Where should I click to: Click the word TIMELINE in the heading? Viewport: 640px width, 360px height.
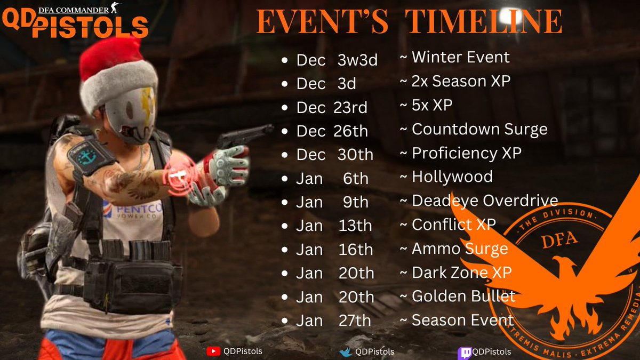(484, 22)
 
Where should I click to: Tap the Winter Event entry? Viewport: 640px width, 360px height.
(460, 57)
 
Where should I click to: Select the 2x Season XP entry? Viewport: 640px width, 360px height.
(460, 81)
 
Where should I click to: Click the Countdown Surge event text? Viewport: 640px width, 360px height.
(479, 129)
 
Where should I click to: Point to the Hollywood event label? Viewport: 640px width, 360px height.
(452, 177)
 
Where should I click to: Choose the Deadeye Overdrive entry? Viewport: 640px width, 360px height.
(484, 201)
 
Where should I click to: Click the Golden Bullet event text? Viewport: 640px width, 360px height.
(463, 296)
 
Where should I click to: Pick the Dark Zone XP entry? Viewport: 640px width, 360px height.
(461, 273)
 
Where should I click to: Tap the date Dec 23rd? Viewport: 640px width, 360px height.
(332, 107)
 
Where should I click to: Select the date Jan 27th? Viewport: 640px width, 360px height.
(333, 321)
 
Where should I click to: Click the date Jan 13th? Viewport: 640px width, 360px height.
(334, 226)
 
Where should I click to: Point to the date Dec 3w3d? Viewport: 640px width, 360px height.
(337, 60)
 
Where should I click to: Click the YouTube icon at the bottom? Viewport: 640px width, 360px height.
(213, 351)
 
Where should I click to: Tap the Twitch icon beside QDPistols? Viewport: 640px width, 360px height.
(464, 352)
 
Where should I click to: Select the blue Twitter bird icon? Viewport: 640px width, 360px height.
(347, 352)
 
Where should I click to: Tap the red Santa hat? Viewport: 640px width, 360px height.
(115, 67)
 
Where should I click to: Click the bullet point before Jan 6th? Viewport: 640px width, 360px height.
(285, 179)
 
